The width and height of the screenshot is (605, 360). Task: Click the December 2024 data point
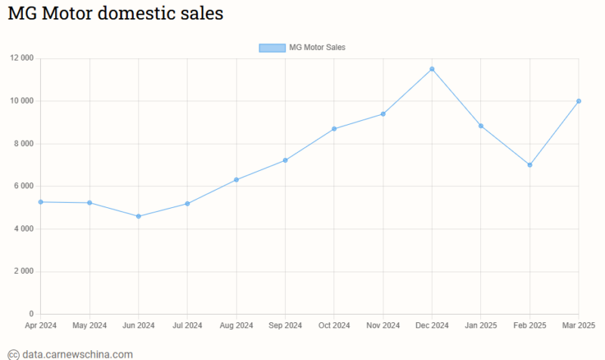tap(432, 69)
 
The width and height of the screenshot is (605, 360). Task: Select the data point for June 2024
tap(138, 216)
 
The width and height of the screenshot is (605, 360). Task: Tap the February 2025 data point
tap(529, 165)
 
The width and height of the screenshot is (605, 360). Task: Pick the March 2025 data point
tap(579, 101)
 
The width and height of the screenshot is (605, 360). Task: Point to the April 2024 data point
tap(41, 202)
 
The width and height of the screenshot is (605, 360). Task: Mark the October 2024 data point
tap(334, 129)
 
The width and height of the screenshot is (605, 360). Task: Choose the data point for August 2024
tap(236, 179)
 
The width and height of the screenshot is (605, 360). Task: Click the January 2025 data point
tap(481, 126)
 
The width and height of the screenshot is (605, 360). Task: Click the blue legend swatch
tap(272, 48)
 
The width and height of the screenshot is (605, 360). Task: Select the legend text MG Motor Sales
tap(317, 48)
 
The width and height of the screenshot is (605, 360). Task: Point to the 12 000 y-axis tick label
tap(21, 58)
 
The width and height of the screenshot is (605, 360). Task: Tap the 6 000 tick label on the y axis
tap(24, 186)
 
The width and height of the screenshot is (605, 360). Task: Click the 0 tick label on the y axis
tap(32, 314)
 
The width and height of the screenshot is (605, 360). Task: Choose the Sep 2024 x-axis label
tap(285, 326)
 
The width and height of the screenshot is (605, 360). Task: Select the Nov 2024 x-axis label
tap(383, 326)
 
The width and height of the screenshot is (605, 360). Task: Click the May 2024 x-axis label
tap(89, 326)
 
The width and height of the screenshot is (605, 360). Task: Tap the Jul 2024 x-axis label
tap(187, 326)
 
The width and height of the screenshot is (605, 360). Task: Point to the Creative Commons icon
tap(13, 354)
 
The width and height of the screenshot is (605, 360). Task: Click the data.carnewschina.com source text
tap(77, 354)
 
